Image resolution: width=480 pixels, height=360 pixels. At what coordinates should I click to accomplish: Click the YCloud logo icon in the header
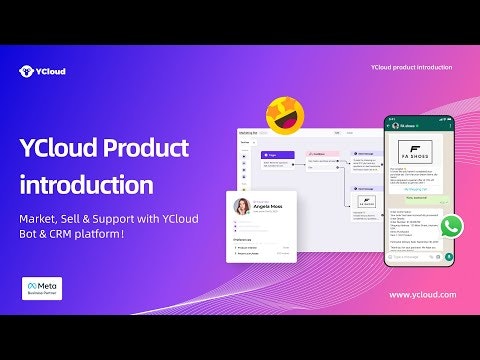pyautogui.click(x=26, y=71)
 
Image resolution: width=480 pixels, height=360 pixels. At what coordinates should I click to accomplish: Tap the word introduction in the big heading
pyautogui.click(x=87, y=185)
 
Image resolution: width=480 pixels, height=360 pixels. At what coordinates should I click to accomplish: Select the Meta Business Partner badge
pyautogui.click(x=42, y=289)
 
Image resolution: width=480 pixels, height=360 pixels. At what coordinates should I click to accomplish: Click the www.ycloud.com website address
pyautogui.click(x=421, y=295)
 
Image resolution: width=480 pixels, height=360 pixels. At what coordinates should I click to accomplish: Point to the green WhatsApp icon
pyautogui.click(x=452, y=225)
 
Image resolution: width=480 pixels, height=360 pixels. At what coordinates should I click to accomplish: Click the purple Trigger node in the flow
pyautogui.click(x=276, y=156)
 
